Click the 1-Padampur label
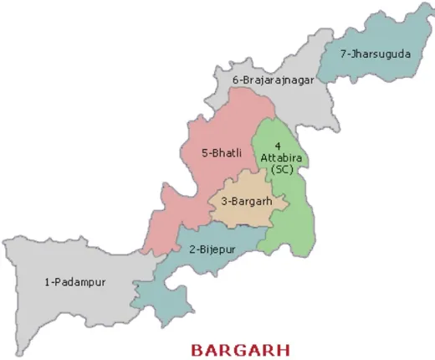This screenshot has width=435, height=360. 74,282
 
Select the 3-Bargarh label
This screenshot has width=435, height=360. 247,202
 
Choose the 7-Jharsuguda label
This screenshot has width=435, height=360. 375,54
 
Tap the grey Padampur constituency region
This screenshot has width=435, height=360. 67,310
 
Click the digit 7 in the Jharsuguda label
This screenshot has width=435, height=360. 343,54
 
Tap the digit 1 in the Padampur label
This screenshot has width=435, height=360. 46,282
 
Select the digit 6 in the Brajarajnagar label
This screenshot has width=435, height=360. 236,80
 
